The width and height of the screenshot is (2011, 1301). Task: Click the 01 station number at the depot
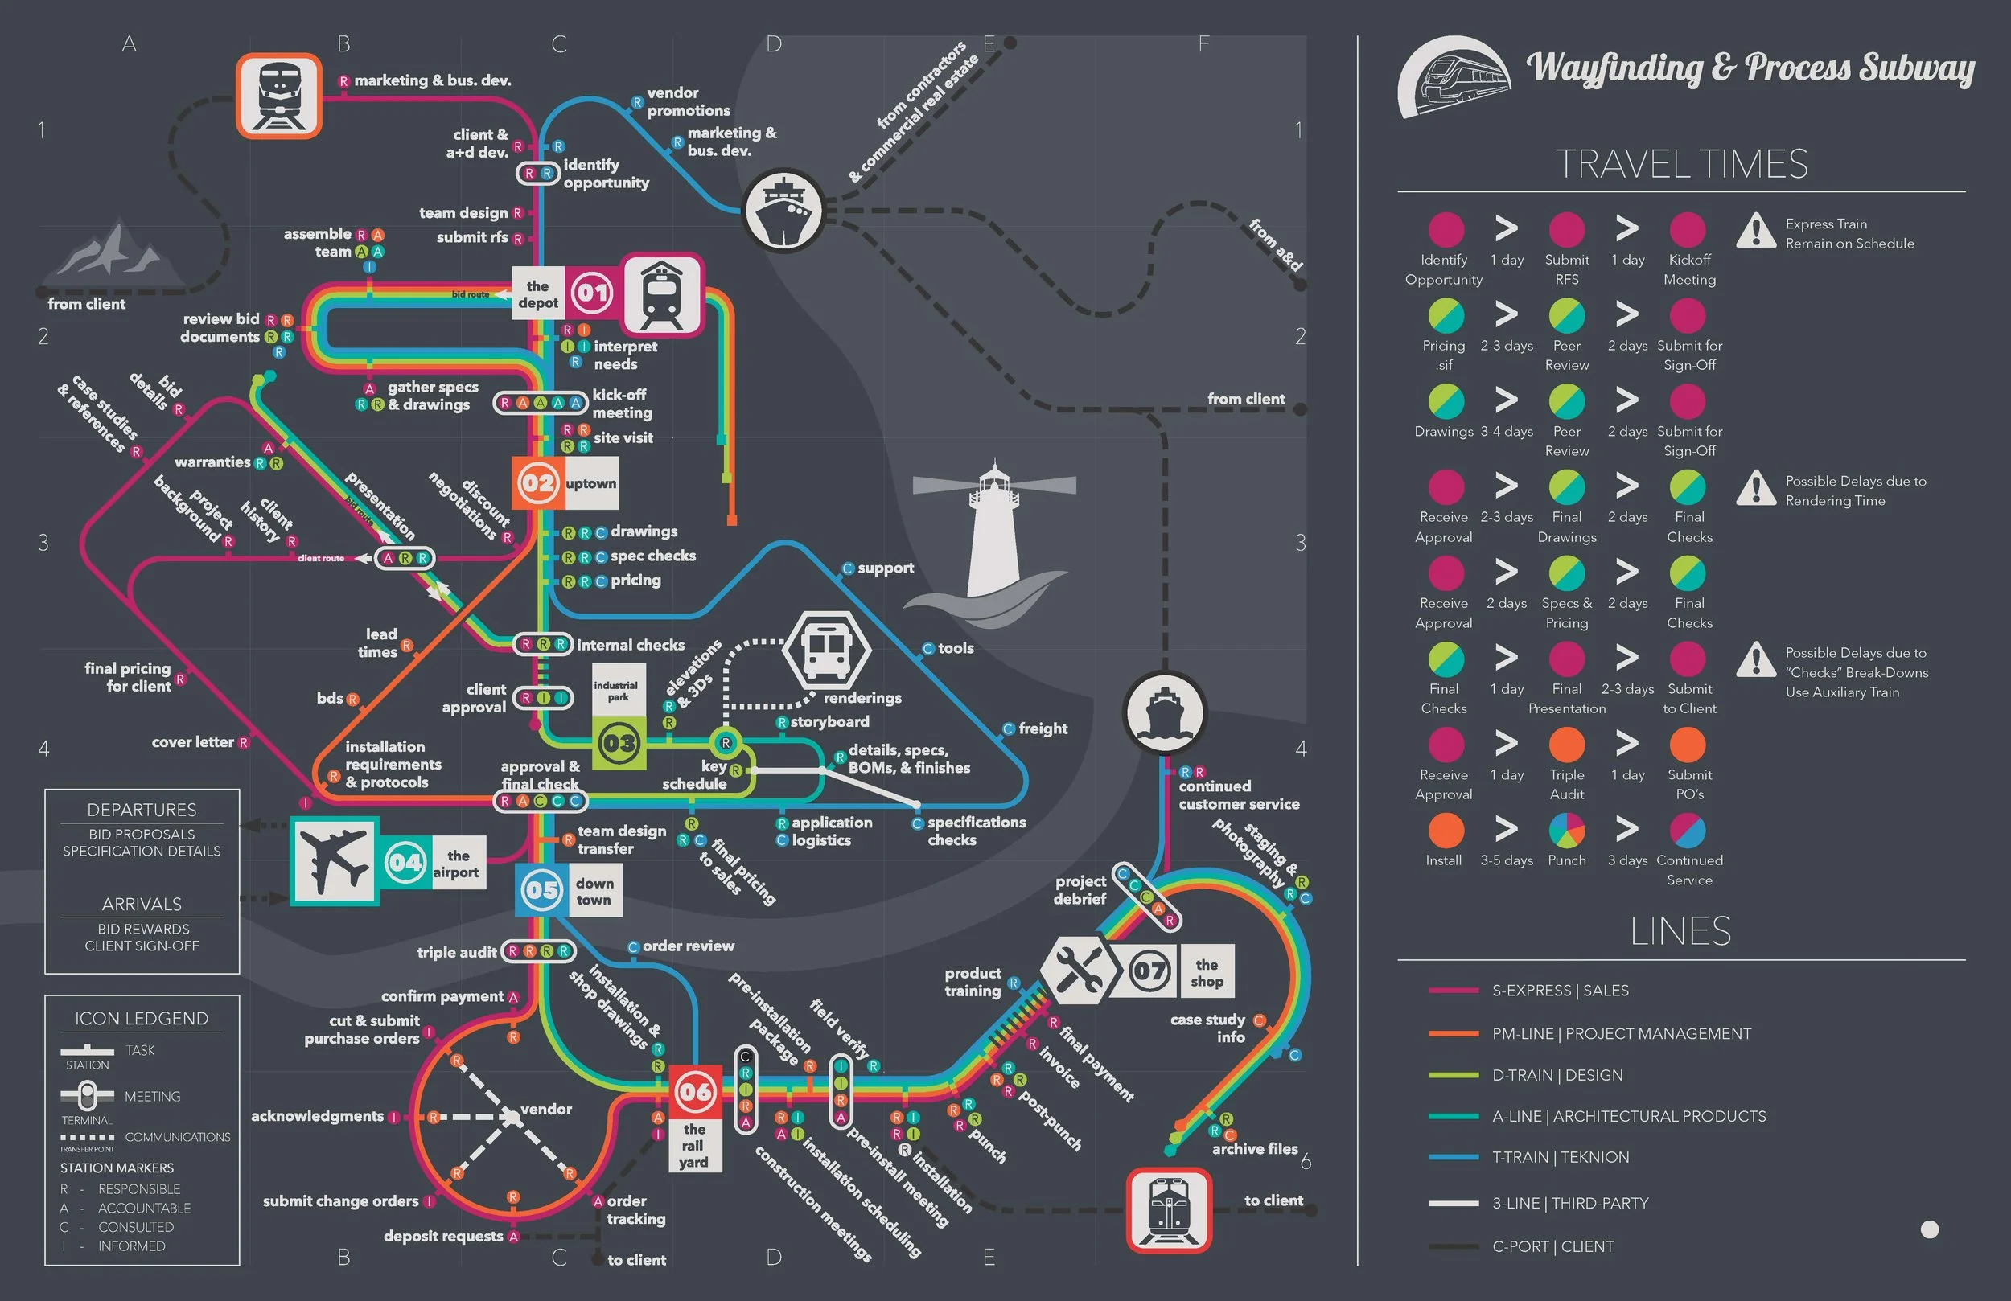[x=591, y=293]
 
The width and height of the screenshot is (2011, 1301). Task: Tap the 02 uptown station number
[x=537, y=483]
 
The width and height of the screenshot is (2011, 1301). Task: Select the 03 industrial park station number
[x=619, y=744]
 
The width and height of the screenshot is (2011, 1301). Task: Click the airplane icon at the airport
[x=334, y=861]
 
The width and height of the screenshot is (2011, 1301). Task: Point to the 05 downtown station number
[x=541, y=890]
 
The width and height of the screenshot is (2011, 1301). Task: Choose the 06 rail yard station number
[x=695, y=1091]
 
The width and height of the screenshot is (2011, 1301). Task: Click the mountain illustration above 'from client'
[x=114, y=253]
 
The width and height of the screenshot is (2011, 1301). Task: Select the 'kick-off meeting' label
[x=622, y=404]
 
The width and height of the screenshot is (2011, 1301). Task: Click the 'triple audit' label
[x=456, y=952]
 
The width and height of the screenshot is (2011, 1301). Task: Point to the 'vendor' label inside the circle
[x=546, y=1110]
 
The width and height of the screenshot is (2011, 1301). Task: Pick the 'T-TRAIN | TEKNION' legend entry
[x=1560, y=1157]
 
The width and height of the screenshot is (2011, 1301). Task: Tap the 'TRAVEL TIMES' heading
[x=1680, y=164]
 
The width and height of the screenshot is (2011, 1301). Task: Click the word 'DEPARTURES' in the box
[x=142, y=810]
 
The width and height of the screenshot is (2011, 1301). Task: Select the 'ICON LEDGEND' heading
[x=142, y=1018]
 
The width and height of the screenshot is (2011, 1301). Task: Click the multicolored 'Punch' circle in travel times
[x=1566, y=831]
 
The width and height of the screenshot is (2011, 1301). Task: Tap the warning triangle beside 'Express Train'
[x=1756, y=231]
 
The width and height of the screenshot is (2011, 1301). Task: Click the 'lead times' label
[x=378, y=643]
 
